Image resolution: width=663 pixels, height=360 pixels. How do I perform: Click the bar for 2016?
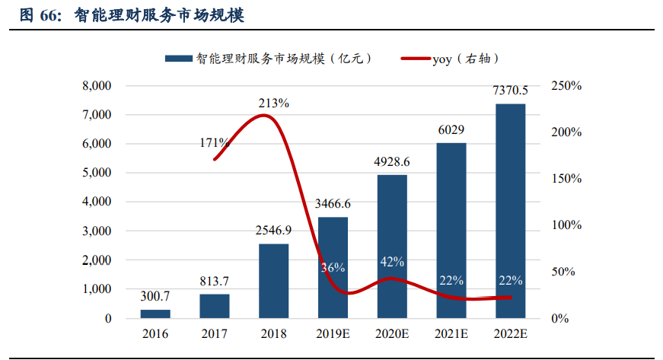tap(155, 314)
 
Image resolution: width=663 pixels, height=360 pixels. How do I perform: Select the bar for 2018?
tap(274, 281)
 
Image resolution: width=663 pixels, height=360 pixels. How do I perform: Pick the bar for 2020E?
tap(392, 247)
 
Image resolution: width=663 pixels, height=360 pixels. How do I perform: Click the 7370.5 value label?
tap(510, 91)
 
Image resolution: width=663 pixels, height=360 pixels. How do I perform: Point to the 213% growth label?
tap(273, 103)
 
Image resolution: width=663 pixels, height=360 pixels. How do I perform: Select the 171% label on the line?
tap(215, 142)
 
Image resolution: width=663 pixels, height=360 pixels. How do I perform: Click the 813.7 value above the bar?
tap(215, 281)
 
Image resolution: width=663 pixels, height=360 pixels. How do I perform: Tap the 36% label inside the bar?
tap(333, 267)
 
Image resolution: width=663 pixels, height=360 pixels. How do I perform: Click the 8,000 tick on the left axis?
tap(97, 86)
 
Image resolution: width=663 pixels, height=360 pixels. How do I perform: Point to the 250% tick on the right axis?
tap(566, 86)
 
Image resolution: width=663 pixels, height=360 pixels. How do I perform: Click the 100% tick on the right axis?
tap(566, 225)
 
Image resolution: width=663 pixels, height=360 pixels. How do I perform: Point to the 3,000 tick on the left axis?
tap(97, 231)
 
